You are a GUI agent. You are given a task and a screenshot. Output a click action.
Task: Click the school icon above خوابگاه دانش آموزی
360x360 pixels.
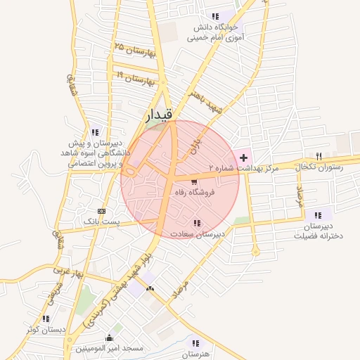pos(214,16)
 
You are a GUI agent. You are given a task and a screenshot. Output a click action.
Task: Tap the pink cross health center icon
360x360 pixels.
pos(244,157)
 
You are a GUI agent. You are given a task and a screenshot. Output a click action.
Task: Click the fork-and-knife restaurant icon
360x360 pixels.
pos(318,155)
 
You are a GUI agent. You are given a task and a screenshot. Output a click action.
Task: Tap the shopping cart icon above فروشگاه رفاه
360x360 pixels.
pos(194,182)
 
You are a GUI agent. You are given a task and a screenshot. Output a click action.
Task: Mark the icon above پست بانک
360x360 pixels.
pos(102,211)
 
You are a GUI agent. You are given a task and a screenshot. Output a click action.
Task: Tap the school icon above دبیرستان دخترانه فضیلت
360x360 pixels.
pos(319,214)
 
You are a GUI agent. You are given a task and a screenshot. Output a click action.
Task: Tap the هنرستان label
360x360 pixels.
pos(195,354)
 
